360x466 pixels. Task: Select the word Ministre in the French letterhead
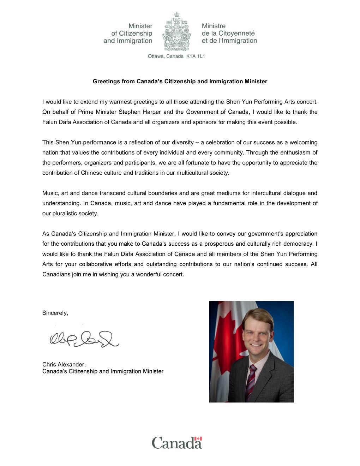214,26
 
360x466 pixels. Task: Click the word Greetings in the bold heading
106,82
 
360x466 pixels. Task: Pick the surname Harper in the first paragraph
152,112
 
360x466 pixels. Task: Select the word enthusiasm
294,153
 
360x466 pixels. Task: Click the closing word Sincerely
55,313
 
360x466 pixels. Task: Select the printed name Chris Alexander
64,365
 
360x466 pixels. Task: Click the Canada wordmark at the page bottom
176,443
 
